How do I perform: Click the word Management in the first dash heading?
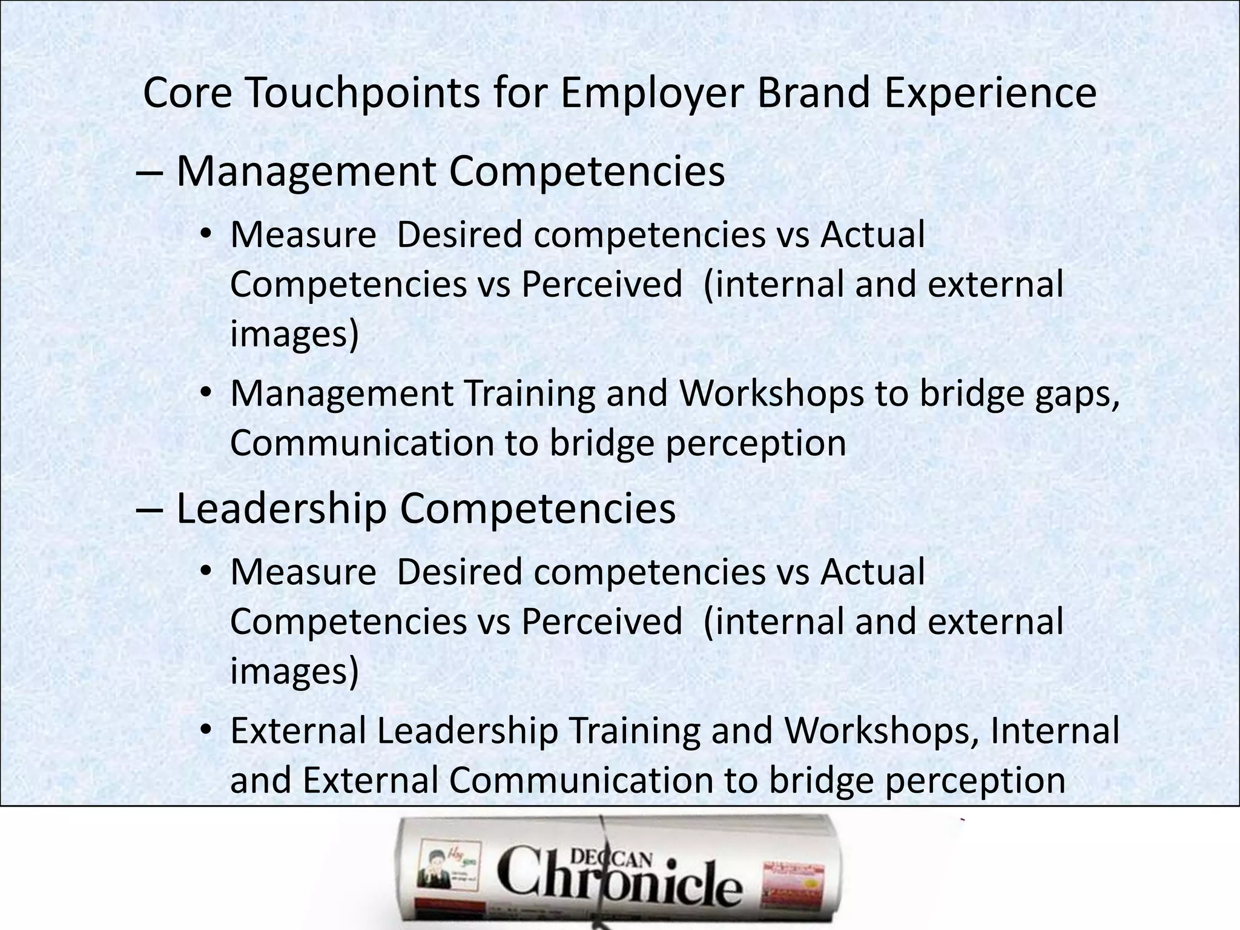(x=306, y=172)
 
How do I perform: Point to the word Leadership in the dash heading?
(x=282, y=509)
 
